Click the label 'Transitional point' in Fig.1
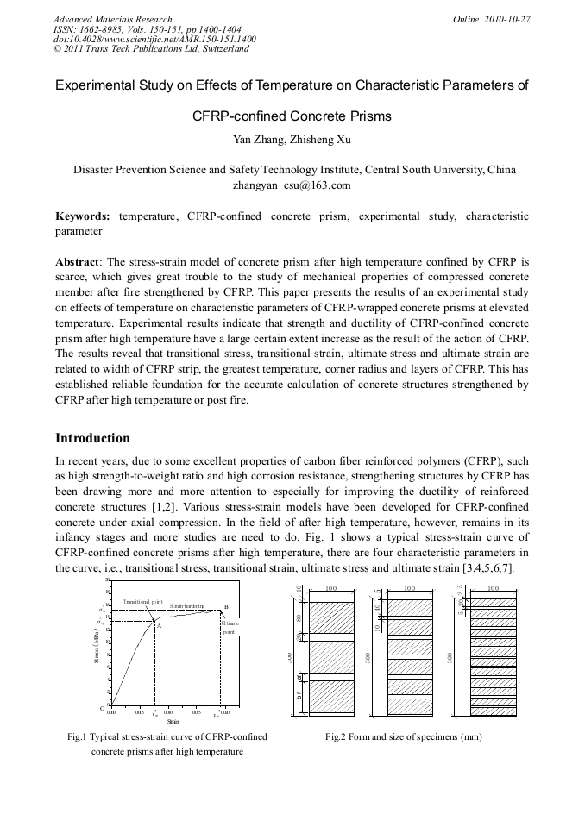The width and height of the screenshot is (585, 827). point(143,601)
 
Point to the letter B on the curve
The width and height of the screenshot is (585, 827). point(226,607)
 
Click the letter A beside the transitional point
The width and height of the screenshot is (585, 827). point(159,626)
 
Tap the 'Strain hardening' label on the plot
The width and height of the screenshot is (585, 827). point(187,607)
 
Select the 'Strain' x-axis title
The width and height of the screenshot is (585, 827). point(173,721)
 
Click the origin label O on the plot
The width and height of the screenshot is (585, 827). point(101,708)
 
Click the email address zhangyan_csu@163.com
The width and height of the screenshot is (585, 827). point(292,185)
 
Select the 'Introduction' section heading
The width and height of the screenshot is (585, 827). point(92,438)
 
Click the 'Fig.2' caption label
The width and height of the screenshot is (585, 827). point(336,737)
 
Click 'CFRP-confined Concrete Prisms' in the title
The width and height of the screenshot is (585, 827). point(292,116)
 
